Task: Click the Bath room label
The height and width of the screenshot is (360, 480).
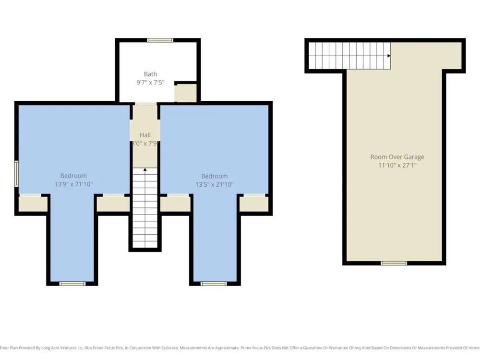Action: click(150, 74)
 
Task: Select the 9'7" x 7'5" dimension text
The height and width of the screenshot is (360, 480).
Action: click(150, 83)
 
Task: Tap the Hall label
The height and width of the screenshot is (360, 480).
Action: click(145, 135)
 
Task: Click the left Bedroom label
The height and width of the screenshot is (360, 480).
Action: click(73, 176)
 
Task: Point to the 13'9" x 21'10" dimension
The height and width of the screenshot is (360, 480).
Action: click(73, 184)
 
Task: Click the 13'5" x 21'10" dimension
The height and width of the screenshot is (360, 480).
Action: click(214, 184)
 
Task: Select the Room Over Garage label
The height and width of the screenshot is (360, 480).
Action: click(397, 157)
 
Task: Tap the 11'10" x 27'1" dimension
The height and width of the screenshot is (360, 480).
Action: click(397, 165)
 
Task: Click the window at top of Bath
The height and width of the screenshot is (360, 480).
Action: click(160, 40)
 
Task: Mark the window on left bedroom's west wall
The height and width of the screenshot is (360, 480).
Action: click(16, 174)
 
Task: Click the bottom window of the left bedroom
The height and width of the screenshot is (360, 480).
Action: click(72, 284)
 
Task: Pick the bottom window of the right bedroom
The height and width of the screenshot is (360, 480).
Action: click(214, 284)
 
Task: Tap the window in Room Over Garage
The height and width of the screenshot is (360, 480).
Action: click(394, 263)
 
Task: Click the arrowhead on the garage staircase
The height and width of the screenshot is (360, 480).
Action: click(389, 56)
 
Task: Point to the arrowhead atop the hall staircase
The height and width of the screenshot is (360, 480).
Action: click(145, 169)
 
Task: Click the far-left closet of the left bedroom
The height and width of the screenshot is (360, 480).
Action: click(33, 204)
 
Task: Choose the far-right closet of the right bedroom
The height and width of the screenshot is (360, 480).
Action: click(254, 204)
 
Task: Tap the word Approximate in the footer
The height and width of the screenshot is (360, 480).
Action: click(227, 348)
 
